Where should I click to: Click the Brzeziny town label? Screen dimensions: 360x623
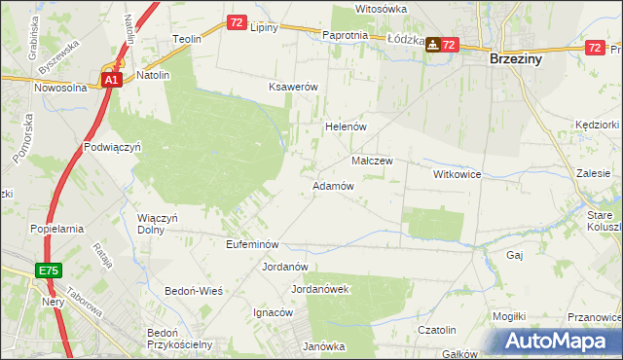coord(521,58)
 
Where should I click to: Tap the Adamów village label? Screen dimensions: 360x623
coord(331,186)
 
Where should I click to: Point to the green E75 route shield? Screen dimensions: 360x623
coord(51,270)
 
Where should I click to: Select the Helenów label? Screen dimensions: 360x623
coord(344,127)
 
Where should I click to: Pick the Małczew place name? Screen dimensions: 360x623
coord(371,161)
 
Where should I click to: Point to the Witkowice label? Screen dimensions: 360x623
coord(458,174)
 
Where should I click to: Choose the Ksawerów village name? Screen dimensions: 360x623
coord(294,87)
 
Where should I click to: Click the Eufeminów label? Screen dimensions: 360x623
coord(253,244)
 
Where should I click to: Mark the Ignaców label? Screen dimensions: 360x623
coord(273,312)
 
